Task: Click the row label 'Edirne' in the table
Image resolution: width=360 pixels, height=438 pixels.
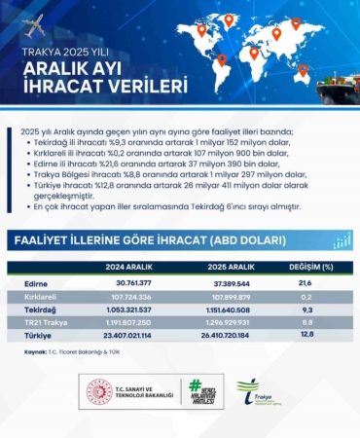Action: click(36, 279)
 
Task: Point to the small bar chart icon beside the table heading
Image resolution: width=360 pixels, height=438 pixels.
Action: click(342, 239)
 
